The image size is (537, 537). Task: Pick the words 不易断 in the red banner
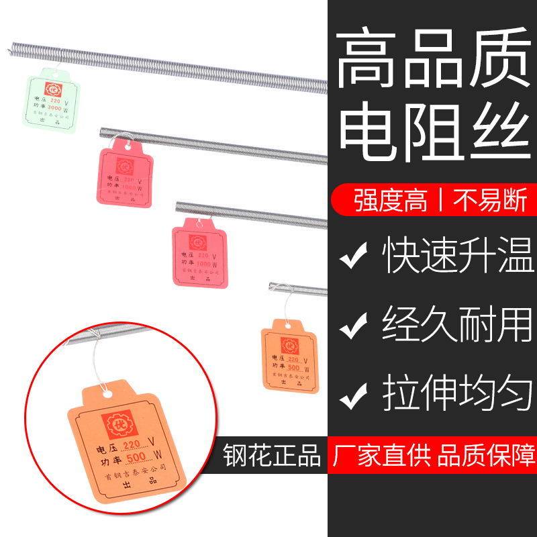coord(482,200)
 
